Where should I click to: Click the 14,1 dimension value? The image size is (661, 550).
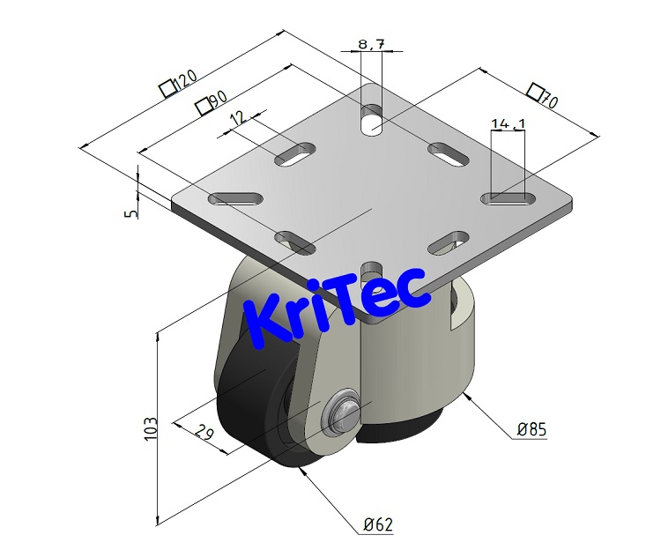(507, 124)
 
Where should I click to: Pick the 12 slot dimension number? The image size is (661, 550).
(236, 118)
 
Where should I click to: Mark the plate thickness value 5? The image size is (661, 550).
(131, 212)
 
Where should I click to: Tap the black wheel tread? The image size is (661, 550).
(251, 414)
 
